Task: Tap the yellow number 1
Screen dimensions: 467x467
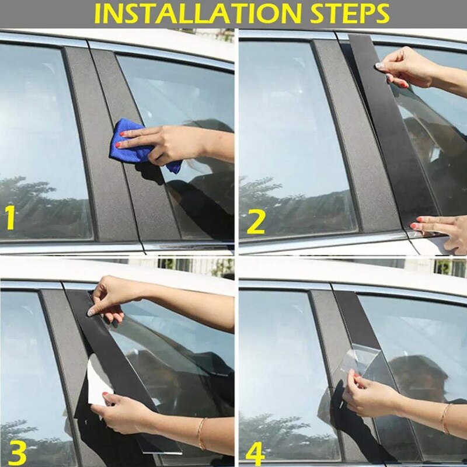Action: (10, 217)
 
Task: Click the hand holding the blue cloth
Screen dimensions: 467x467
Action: (169, 143)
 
